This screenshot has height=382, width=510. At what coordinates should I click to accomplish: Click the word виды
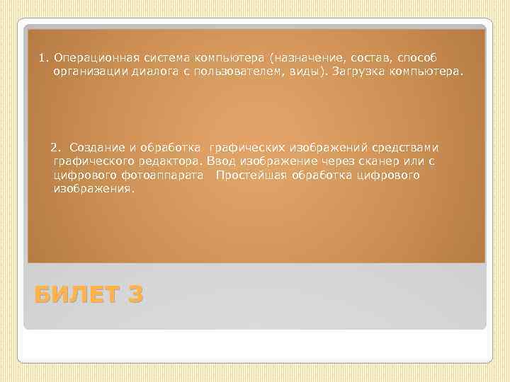click(x=298, y=71)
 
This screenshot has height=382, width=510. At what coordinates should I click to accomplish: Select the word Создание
click(x=96, y=147)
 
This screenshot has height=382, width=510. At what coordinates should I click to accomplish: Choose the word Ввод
click(x=220, y=161)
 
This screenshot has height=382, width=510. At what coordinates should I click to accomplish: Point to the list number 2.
click(x=54, y=147)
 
